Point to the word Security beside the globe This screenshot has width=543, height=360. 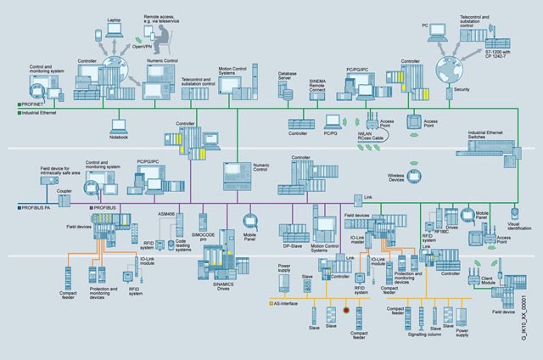click(462, 88)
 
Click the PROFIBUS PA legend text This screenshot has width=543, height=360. click(37, 206)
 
